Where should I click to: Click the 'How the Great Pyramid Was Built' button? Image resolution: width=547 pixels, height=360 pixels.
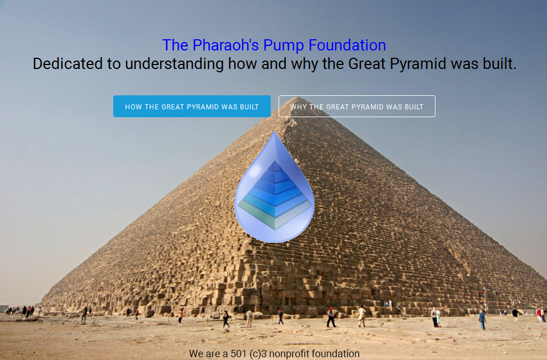click(192, 106)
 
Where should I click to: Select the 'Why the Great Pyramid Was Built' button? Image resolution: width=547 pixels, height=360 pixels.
click(357, 106)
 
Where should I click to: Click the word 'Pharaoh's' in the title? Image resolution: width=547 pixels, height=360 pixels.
click(226, 45)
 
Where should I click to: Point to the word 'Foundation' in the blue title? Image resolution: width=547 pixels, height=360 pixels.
click(347, 45)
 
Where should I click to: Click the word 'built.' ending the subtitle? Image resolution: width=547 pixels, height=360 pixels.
click(499, 64)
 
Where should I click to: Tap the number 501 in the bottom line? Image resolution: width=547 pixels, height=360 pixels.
click(239, 354)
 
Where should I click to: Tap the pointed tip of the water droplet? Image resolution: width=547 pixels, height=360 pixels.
click(274, 132)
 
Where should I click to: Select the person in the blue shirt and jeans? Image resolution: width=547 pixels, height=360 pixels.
click(482, 320)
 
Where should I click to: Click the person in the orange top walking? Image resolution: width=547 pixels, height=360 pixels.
click(180, 317)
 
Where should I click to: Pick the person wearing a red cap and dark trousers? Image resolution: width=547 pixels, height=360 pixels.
click(331, 317)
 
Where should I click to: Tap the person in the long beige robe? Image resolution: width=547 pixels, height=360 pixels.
click(362, 316)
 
